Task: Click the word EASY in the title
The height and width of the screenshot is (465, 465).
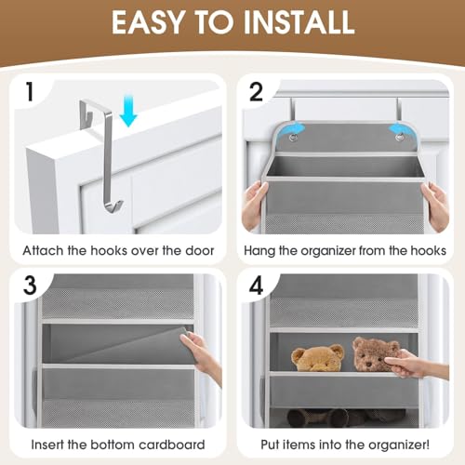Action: [152, 22]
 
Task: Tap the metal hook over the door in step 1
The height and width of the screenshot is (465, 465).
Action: [111, 144]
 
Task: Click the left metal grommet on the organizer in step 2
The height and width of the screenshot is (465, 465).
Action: [294, 138]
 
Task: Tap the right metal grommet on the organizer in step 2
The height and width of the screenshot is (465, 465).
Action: [399, 138]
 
